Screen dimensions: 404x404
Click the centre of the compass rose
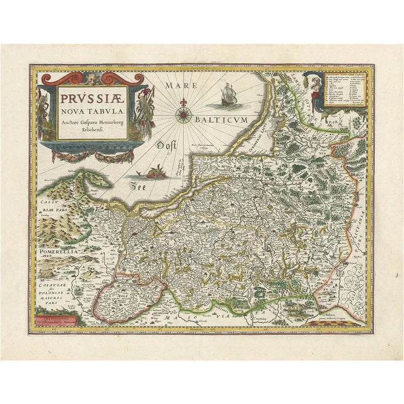pos(184,114)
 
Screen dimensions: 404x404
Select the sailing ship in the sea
pos(228,97)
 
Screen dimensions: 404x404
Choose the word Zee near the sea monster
pos(138,186)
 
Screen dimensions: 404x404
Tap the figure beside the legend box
pos(314,90)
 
